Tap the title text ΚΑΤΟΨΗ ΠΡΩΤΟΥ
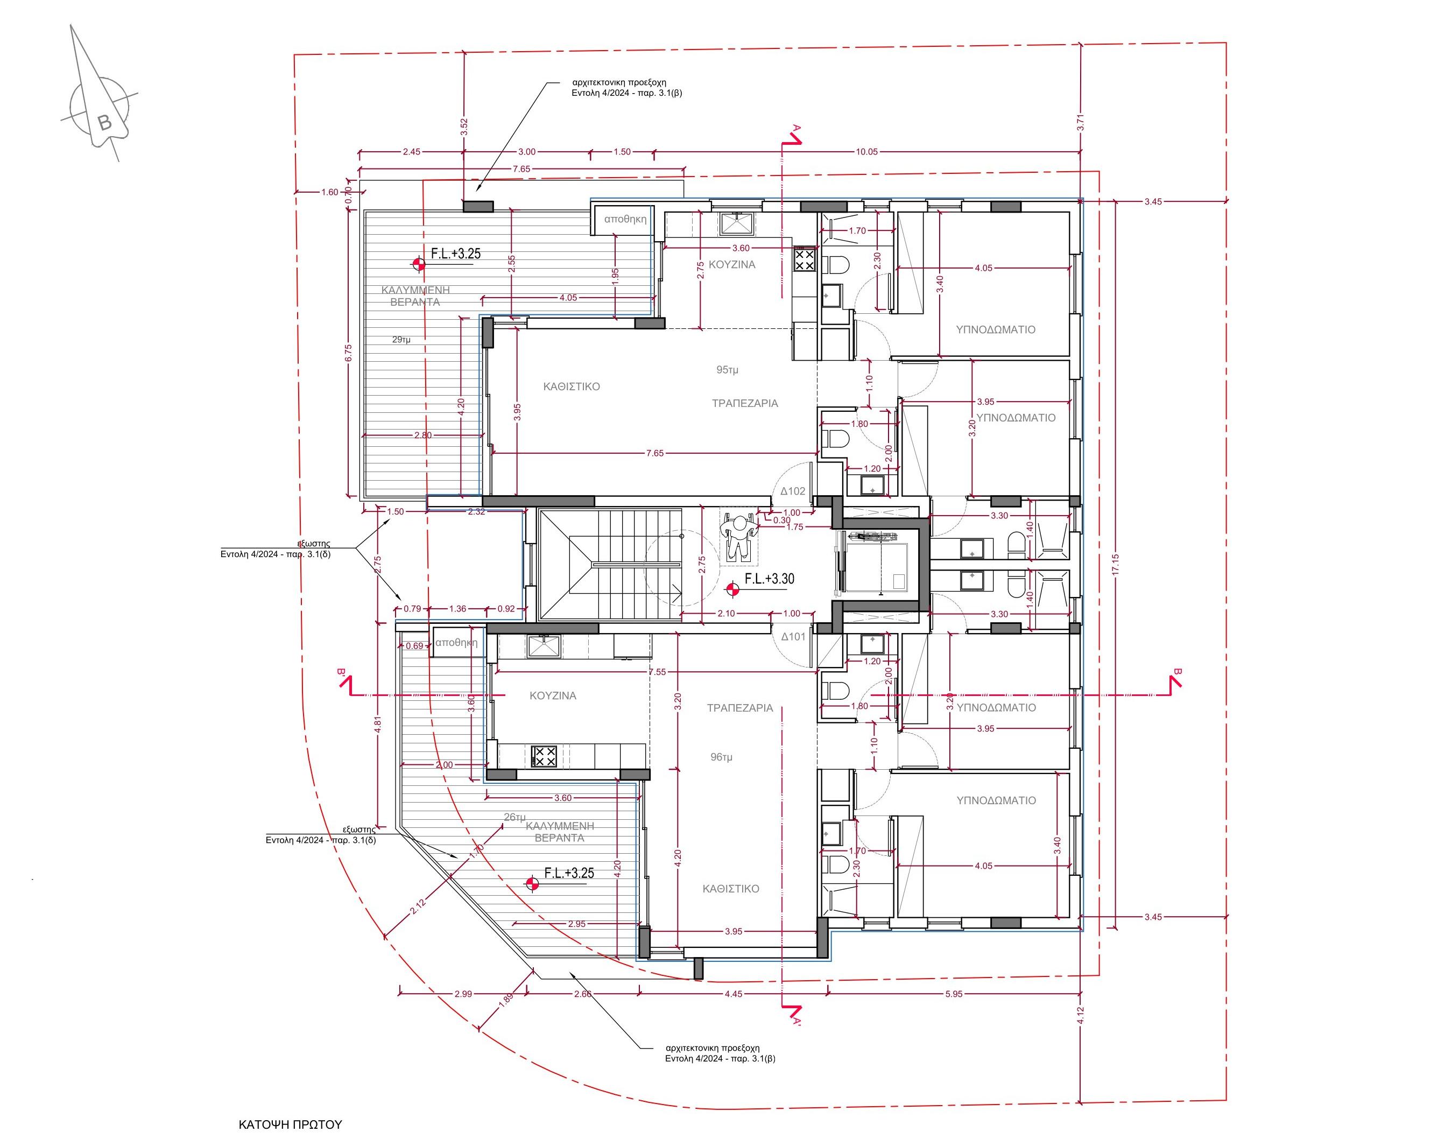coord(290,1124)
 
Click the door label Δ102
coord(792,491)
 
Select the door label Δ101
coord(793,637)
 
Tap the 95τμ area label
coord(727,370)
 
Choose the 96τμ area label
coord(721,757)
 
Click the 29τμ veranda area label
coord(401,340)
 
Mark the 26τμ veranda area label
coord(514,817)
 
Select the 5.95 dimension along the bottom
coord(954,994)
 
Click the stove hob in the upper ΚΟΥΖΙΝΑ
coord(804,259)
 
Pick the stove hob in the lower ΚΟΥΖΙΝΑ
coord(544,757)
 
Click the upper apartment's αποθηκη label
coord(625,219)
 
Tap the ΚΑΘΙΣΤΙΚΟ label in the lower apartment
coord(730,889)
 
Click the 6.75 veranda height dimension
coord(347,352)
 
